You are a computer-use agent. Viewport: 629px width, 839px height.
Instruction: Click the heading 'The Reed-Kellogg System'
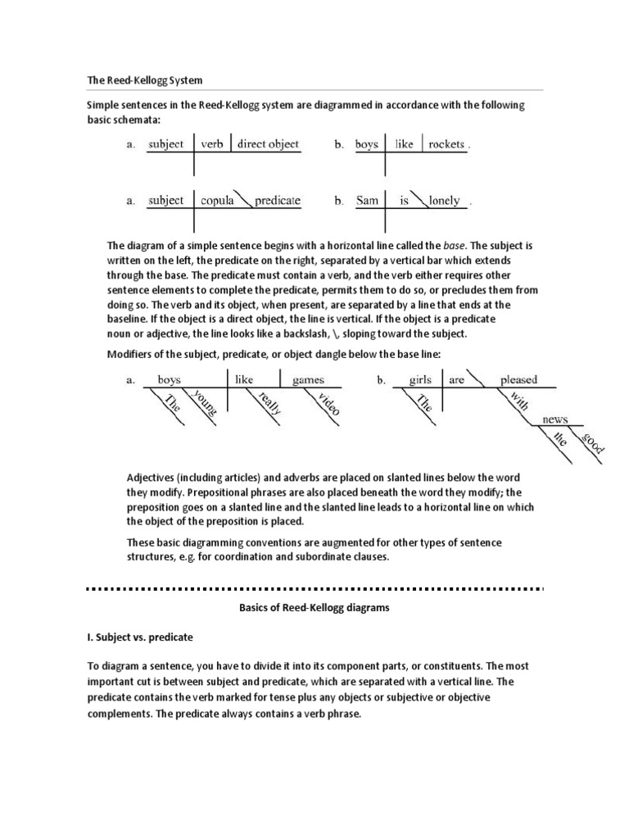[x=145, y=81]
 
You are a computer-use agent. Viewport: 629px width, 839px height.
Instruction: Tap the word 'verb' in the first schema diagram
[x=212, y=144]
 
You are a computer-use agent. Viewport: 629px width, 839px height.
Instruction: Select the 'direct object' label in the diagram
[x=268, y=144]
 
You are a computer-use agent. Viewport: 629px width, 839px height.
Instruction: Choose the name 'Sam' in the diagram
[x=367, y=200]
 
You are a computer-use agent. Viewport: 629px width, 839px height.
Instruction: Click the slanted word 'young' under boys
[x=205, y=403]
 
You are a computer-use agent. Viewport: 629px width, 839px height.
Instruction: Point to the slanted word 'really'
[x=269, y=403]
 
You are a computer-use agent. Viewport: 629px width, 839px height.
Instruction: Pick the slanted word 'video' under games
[x=326, y=403]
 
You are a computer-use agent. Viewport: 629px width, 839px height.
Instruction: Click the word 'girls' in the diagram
[x=420, y=379]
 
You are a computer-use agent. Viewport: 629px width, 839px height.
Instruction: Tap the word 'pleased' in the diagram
[x=518, y=379]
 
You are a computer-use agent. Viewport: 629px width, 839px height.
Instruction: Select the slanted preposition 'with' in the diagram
[x=518, y=402]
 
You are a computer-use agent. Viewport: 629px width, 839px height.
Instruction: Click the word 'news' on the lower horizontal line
[x=554, y=419]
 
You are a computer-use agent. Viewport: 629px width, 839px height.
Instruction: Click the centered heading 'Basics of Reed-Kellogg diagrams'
[x=314, y=607]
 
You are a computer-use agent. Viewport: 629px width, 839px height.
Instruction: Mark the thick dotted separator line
[x=314, y=588]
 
